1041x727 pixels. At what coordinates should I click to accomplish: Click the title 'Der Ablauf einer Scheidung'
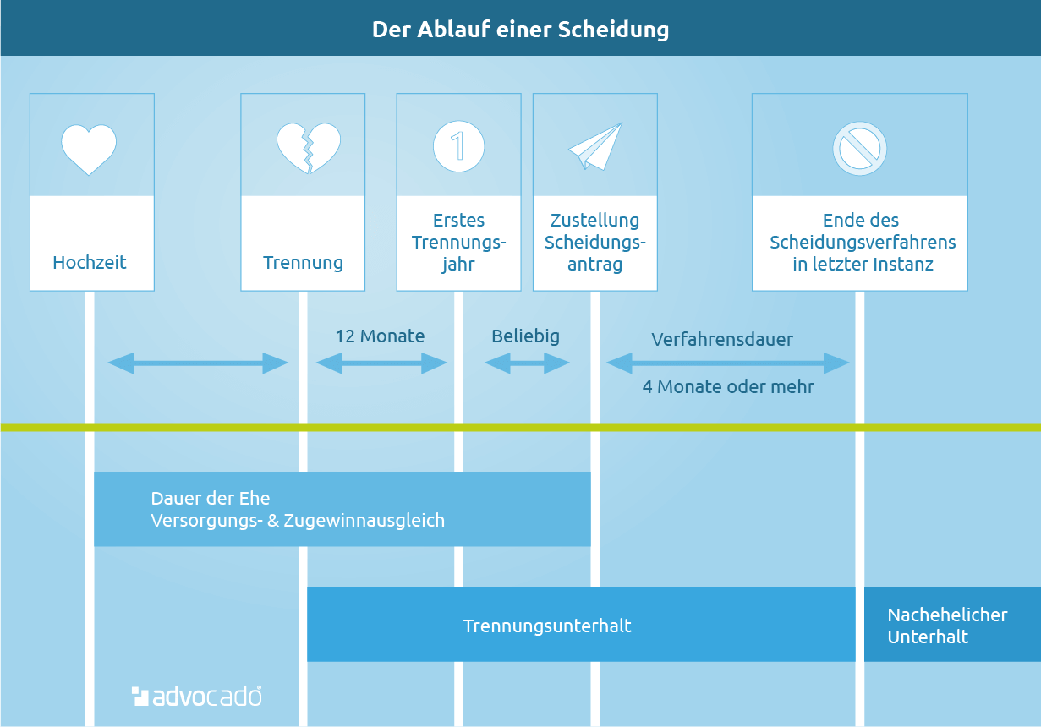click(x=521, y=30)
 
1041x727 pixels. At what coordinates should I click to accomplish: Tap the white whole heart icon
click(x=89, y=149)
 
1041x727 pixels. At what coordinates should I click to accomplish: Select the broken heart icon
click(x=309, y=148)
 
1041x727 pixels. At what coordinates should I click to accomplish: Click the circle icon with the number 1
click(x=458, y=146)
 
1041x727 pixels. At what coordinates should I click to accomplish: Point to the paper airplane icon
click(x=595, y=146)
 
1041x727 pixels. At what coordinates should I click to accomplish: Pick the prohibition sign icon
click(x=860, y=149)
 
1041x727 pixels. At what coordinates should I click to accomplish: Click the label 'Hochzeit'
click(x=90, y=262)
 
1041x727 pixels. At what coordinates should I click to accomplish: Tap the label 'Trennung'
click(x=303, y=263)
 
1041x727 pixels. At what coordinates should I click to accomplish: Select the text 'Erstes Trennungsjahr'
click(x=458, y=242)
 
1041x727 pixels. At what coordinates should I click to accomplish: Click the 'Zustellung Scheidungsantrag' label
click(x=595, y=242)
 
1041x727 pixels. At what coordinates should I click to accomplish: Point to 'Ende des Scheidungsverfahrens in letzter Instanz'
click(x=863, y=242)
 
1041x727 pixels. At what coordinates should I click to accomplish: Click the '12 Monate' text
click(x=380, y=336)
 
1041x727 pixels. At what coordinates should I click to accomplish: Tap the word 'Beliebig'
click(x=526, y=336)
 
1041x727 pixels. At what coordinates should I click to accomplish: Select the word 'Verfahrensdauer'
click(x=722, y=339)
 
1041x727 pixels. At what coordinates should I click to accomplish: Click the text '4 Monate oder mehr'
click(x=728, y=386)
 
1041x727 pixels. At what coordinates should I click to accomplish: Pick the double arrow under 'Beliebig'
click(x=527, y=363)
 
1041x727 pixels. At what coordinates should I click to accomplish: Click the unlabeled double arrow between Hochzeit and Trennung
click(x=198, y=363)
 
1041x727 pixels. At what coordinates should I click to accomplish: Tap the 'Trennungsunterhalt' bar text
click(x=547, y=626)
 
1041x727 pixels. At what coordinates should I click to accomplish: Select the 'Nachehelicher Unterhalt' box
click(x=952, y=624)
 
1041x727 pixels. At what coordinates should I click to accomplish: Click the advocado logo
click(x=196, y=697)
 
